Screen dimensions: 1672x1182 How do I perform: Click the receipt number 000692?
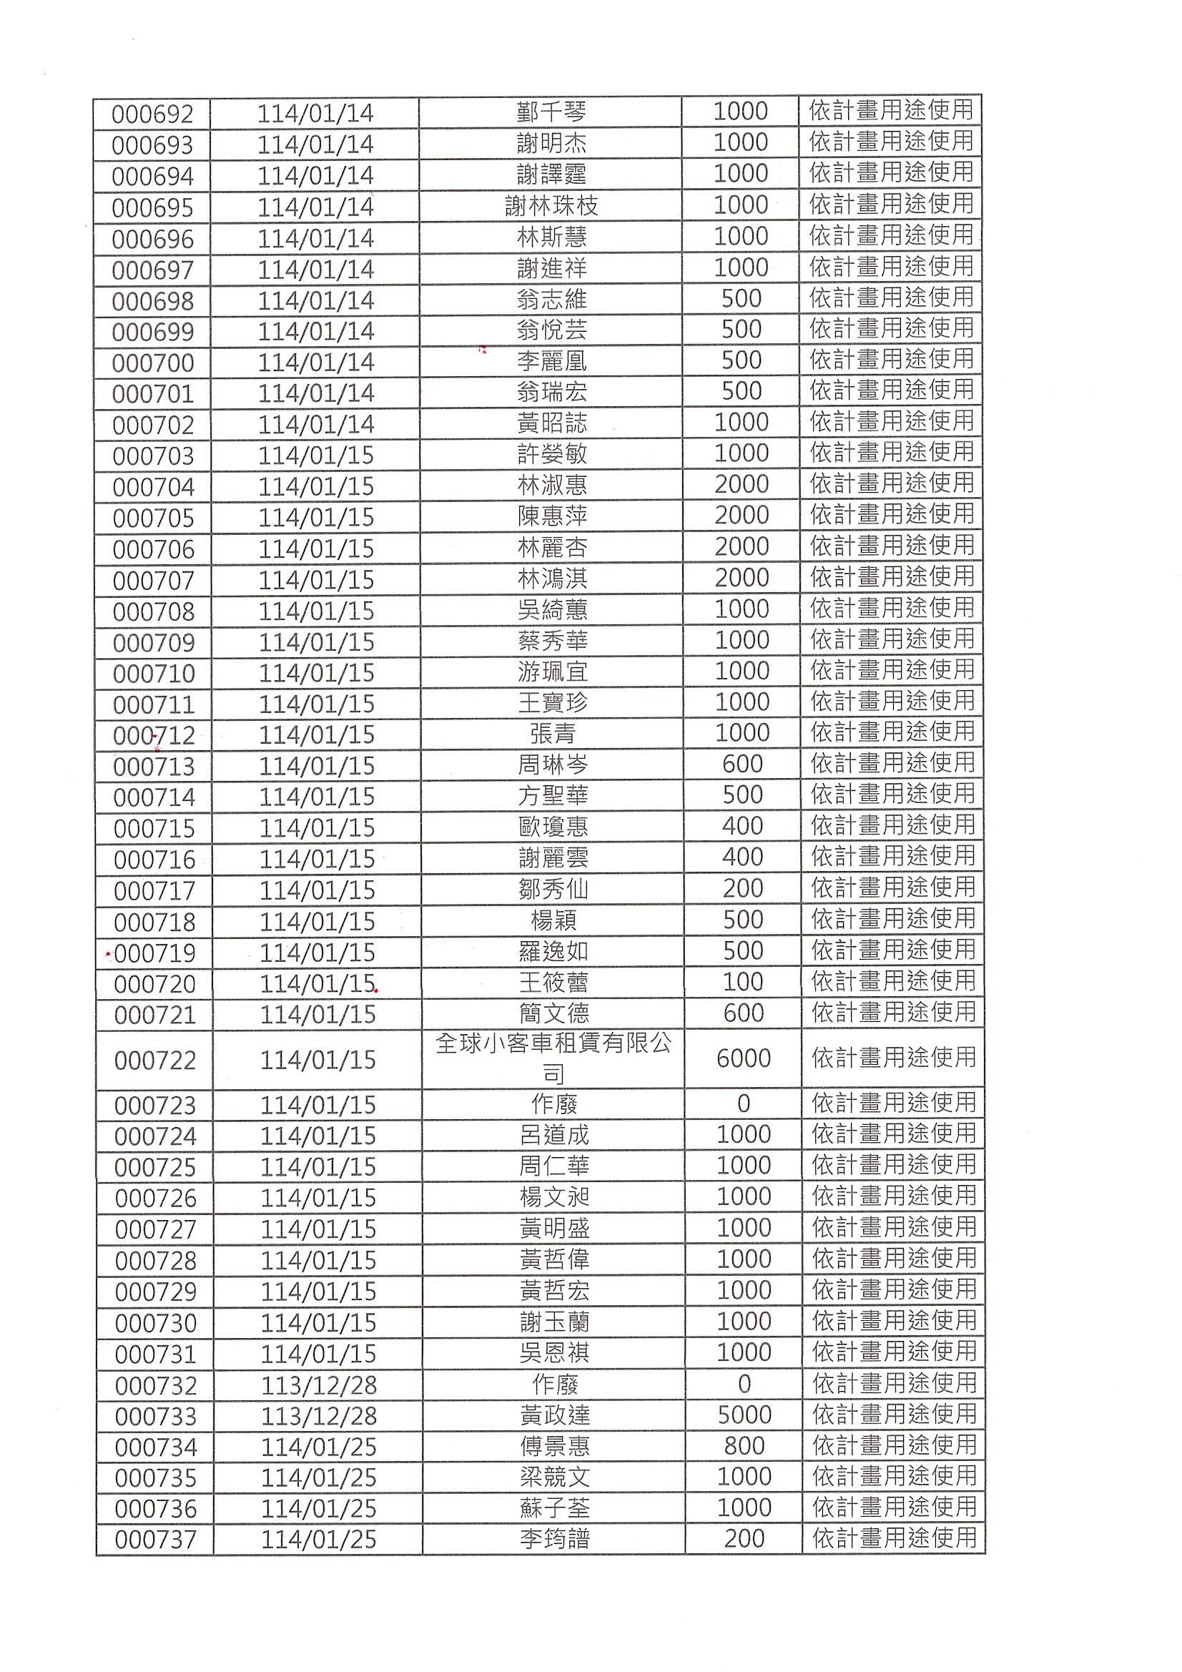point(152,114)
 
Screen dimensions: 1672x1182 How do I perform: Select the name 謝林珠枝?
point(551,207)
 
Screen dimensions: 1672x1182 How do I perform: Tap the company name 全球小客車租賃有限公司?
point(553,1059)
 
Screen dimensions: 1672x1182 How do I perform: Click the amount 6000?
point(743,1059)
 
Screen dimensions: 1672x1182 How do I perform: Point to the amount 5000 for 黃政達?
point(744,1415)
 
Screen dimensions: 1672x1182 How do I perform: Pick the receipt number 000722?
point(155,1061)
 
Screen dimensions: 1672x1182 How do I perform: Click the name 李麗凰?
point(551,362)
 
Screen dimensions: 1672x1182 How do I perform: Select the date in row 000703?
point(316,456)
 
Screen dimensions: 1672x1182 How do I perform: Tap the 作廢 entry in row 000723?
point(553,1105)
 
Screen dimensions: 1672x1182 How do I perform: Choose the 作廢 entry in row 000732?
point(554,1385)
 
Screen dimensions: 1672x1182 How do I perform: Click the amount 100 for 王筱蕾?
point(743,982)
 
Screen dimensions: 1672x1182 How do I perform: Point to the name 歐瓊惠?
point(553,827)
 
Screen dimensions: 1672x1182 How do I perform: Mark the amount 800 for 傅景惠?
point(744,1446)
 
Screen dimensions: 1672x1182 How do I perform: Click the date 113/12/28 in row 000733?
point(318,1417)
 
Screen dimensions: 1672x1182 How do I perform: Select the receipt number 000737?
point(156,1540)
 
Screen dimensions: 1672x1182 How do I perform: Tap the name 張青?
point(553,734)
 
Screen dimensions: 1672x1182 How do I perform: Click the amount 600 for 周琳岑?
point(742,764)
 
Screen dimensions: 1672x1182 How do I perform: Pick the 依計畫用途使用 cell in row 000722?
point(893,1058)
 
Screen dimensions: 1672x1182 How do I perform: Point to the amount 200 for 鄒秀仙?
point(743,888)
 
